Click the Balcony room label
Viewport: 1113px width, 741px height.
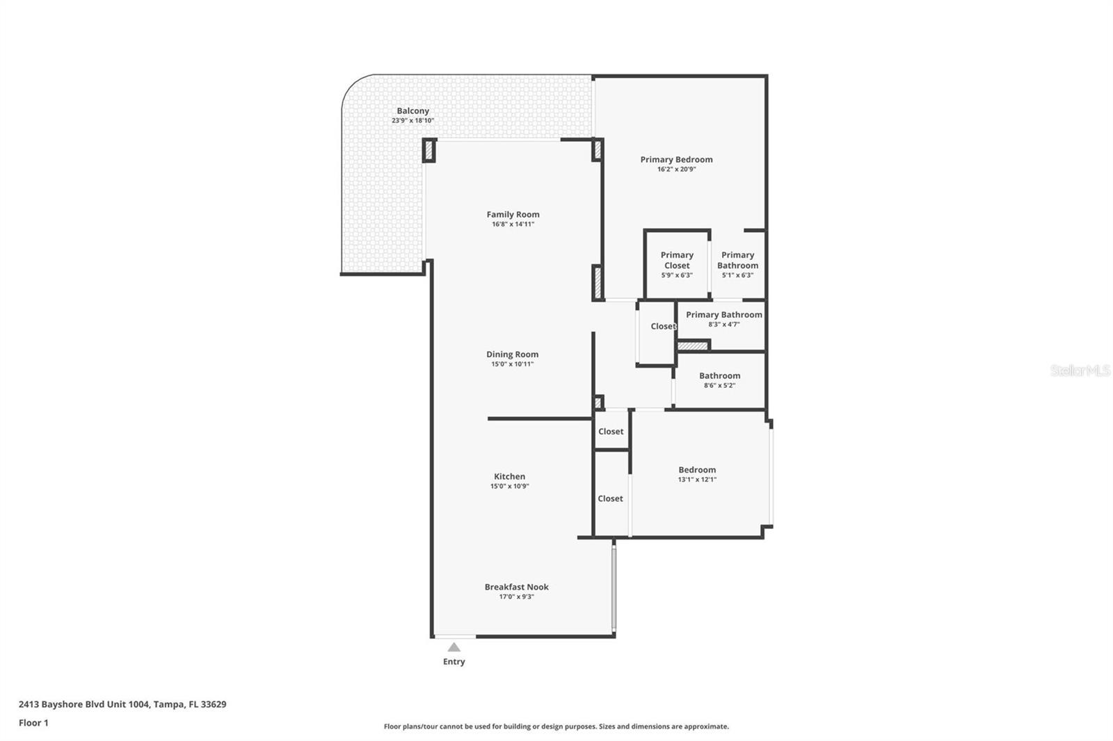pyautogui.click(x=413, y=111)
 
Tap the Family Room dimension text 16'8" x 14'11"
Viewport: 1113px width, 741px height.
pyautogui.click(x=513, y=225)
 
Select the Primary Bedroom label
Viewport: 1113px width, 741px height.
pyautogui.click(x=676, y=160)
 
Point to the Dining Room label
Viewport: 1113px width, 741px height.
pyautogui.click(x=512, y=355)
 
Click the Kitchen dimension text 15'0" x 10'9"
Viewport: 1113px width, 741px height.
pyautogui.click(x=509, y=487)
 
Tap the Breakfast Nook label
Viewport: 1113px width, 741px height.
pyautogui.click(x=516, y=587)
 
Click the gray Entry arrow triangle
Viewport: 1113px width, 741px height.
pyautogui.click(x=454, y=647)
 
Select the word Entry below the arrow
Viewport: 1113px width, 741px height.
pyautogui.click(x=454, y=662)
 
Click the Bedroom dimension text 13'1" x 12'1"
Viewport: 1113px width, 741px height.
pyautogui.click(x=697, y=480)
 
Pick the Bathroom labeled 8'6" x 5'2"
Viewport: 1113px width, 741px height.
pyautogui.click(x=719, y=380)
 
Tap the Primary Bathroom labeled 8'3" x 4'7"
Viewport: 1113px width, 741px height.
pyautogui.click(x=723, y=318)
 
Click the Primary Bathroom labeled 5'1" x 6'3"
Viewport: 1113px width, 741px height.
pyautogui.click(x=737, y=264)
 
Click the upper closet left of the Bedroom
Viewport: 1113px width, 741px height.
pyautogui.click(x=611, y=432)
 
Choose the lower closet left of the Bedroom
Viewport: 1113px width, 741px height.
pyautogui.click(x=610, y=498)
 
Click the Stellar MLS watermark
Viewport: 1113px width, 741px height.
pyautogui.click(x=1080, y=370)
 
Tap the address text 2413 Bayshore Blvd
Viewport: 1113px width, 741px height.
pyautogui.click(x=122, y=704)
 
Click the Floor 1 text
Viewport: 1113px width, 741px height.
pyautogui.click(x=33, y=723)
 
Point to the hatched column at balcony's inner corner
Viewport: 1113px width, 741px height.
pyautogui.click(x=429, y=151)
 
